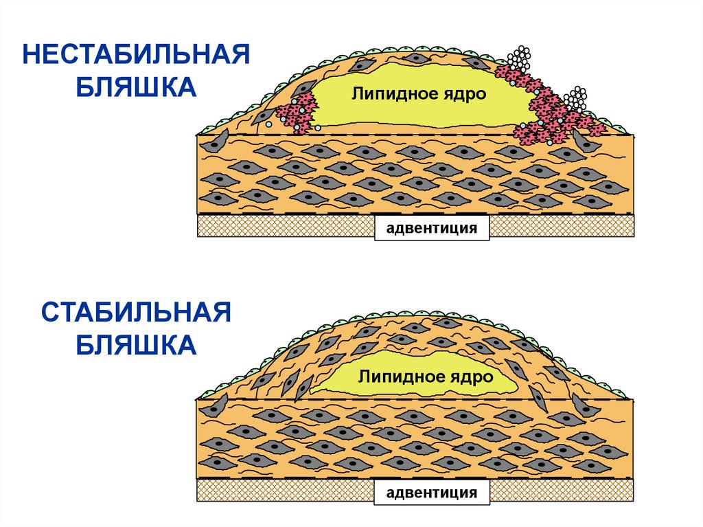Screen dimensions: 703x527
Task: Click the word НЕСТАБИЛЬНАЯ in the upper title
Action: pos(136,54)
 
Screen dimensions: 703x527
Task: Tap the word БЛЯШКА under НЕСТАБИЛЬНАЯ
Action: pos(136,88)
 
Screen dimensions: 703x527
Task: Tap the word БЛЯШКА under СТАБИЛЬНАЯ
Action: pos(136,346)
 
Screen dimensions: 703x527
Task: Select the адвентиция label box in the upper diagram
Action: pos(432,227)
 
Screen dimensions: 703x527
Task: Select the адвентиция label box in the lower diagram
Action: pos(432,492)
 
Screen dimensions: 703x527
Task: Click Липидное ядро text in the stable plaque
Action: pos(425,377)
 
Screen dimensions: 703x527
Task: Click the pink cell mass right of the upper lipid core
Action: pos(549,110)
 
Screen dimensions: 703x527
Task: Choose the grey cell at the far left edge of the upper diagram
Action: pos(218,143)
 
